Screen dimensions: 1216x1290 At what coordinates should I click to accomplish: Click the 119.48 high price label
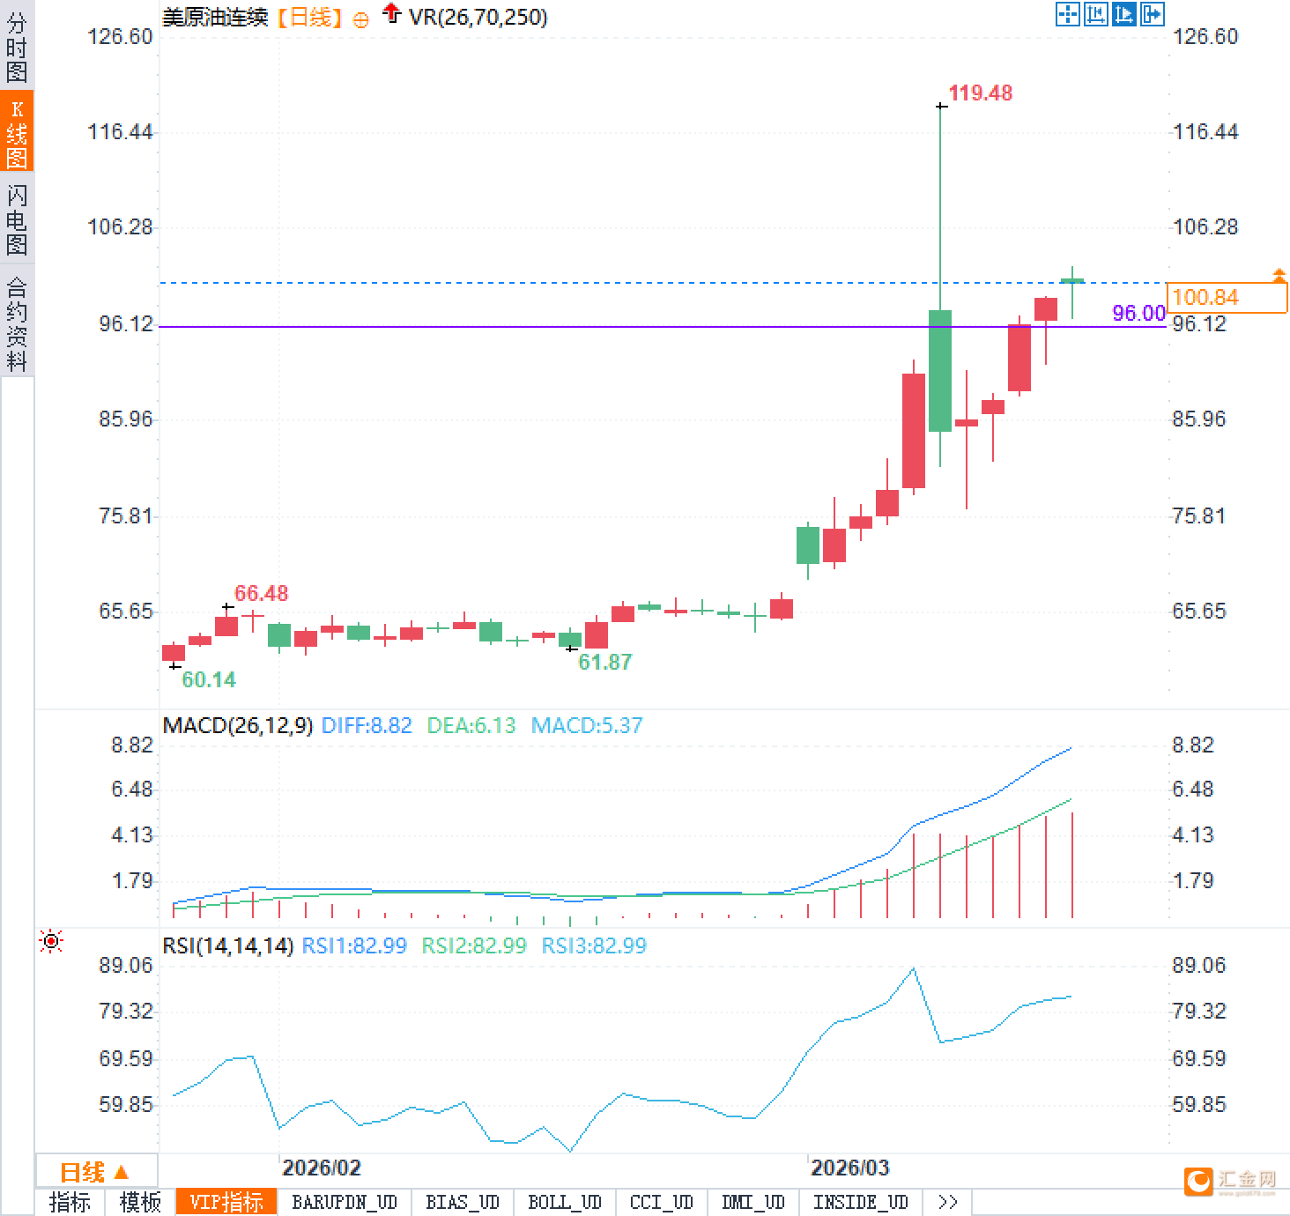point(980,93)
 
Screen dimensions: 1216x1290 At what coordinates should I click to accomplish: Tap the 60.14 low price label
point(209,679)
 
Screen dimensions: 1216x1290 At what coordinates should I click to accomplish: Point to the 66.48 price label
point(261,593)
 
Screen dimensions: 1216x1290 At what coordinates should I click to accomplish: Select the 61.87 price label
point(604,662)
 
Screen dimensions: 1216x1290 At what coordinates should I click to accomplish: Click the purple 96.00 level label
point(1138,313)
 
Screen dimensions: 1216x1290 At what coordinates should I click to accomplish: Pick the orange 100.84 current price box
point(1226,297)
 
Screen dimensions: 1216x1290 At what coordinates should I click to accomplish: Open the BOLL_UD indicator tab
point(564,1202)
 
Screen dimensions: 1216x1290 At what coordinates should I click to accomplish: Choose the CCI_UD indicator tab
point(661,1202)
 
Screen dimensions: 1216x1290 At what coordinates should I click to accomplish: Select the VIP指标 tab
point(226,1202)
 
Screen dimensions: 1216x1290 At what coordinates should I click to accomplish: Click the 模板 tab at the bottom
point(140,1202)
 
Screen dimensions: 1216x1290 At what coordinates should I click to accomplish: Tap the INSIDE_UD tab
point(860,1202)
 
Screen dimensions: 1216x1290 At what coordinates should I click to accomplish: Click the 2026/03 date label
point(849,1168)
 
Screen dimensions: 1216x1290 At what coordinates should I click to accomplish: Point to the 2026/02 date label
point(321,1168)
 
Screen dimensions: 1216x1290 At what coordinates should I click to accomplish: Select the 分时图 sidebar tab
point(17,48)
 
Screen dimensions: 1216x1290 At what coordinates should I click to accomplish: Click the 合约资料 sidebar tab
point(17,323)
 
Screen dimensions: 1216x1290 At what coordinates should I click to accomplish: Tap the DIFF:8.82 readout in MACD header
point(367,725)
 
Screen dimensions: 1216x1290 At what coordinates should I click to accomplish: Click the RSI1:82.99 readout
point(354,945)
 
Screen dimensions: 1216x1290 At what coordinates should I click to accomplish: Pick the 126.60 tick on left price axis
point(120,36)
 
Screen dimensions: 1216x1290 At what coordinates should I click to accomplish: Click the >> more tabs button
point(947,1202)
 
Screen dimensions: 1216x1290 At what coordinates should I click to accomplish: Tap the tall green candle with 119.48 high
point(940,370)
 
